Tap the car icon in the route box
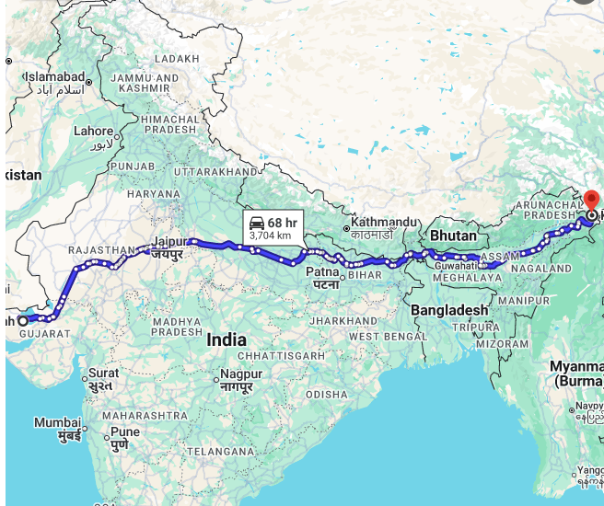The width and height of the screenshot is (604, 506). pos(257,223)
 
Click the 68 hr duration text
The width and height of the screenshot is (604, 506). pos(283,223)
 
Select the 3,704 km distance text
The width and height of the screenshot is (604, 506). pos(270,236)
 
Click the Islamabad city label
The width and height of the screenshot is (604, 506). pos(54,76)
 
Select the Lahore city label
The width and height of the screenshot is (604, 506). pos(94,131)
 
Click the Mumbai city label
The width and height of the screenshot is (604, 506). pos(57,422)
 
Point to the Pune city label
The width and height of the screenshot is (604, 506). pos(125,431)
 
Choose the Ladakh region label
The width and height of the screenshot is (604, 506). pos(177,58)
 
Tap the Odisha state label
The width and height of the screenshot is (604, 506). pos(327,394)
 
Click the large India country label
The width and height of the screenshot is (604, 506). pos(226,339)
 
